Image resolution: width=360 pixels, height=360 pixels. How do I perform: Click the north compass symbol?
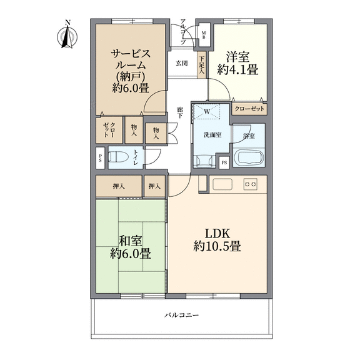click(x=67, y=36)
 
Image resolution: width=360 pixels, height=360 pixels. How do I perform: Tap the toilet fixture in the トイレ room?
click(x=117, y=157)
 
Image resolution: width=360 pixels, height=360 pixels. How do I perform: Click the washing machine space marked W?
click(x=207, y=112)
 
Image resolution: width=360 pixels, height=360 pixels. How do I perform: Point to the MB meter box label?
click(x=204, y=35)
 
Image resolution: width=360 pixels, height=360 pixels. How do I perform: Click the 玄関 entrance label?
click(x=182, y=63)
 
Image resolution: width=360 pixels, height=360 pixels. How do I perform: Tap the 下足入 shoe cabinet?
click(x=201, y=65)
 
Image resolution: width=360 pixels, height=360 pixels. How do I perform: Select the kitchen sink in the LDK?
click(x=222, y=184)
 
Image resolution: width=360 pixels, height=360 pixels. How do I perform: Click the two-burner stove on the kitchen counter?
click(x=250, y=184)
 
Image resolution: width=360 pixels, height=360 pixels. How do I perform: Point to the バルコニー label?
click(x=182, y=315)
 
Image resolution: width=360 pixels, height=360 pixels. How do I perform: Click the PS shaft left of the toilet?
click(x=101, y=158)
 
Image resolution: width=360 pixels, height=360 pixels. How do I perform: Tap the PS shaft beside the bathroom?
click(x=224, y=162)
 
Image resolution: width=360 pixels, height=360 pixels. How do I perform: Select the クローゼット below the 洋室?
click(x=249, y=109)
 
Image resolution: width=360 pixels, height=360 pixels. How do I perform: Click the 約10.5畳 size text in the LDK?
click(x=217, y=247)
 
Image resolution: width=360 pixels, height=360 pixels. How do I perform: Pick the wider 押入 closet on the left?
click(x=119, y=186)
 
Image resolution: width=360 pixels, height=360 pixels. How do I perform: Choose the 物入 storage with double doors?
click(x=156, y=133)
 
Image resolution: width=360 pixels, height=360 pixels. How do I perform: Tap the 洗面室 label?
click(x=213, y=135)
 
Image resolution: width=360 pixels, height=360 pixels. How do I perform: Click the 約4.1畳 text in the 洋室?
click(x=238, y=69)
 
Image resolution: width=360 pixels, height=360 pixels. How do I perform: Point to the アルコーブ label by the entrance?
click(x=183, y=32)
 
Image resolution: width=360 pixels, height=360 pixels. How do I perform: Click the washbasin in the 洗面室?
click(x=203, y=160)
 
